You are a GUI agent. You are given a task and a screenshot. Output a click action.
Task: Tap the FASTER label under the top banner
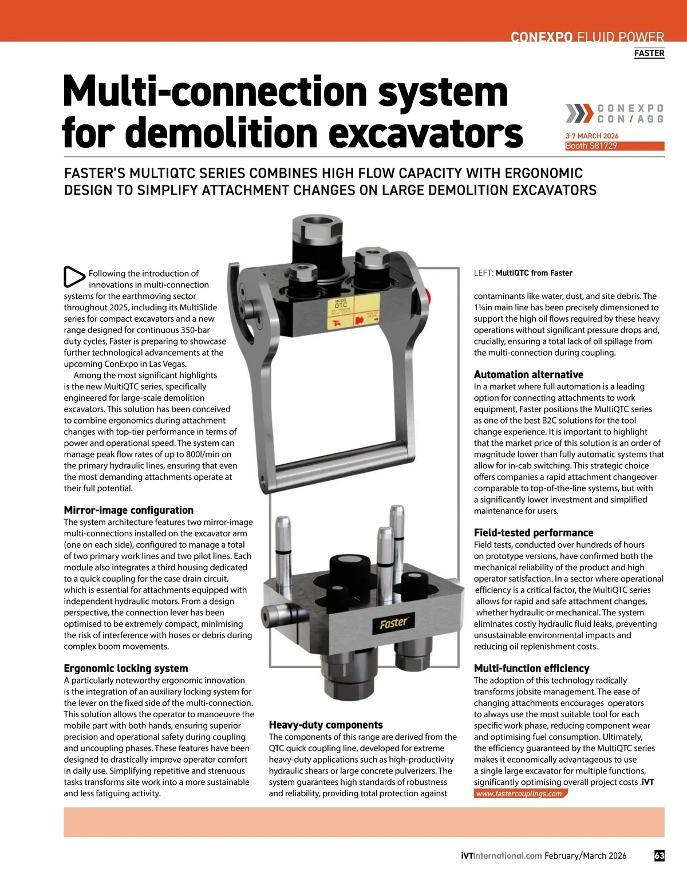coord(649,53)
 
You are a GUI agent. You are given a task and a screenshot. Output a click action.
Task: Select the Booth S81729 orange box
coord(614,146)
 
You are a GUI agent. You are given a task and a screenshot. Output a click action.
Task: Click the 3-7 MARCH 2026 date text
coord(592,136)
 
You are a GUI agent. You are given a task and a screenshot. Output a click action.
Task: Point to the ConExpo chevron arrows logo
coord(579,113)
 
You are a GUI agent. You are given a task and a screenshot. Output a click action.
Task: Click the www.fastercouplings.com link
coord(519,793)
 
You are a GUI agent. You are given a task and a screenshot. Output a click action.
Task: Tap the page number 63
coord(659,856)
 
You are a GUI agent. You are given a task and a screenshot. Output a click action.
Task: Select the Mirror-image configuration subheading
coord(129,510)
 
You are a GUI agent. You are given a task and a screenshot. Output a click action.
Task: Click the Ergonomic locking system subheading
coord(126,668)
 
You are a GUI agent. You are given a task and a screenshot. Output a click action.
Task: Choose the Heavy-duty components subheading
coord(326,725)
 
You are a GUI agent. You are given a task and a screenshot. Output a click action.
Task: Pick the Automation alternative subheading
coord(528,374)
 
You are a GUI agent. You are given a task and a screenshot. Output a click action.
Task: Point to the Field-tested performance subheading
coord(534,532)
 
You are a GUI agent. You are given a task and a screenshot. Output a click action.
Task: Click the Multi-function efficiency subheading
coord(531,668)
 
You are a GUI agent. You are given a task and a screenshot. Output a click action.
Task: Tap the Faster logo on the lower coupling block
coord(394,622)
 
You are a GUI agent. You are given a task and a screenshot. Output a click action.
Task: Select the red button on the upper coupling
coord(429,295)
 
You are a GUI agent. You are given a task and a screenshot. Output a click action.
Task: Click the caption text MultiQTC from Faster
coord(534,273)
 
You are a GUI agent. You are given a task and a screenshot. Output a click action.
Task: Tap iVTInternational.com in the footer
coord(501,856)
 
